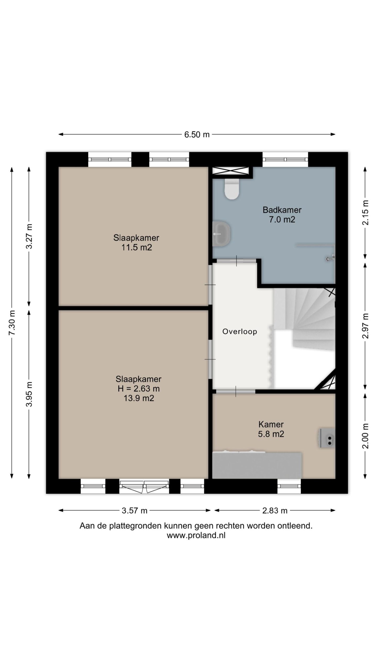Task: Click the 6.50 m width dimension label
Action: (197, 134)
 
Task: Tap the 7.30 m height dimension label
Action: (12, 322)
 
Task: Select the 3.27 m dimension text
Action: (29, 236)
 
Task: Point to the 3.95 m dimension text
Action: (29, 394)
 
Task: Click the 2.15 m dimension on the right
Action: (365, 213)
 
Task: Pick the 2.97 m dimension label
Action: (365, 326)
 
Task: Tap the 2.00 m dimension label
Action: (365, 436)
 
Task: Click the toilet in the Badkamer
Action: (232, 189)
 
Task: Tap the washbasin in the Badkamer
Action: (221, 234)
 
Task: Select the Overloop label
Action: (240, 332)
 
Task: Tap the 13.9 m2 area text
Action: (139, 398)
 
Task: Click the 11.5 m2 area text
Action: (136, 247)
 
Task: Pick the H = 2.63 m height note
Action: (138, 389)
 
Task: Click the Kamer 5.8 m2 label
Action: (271, 429)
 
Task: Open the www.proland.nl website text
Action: (196, 535)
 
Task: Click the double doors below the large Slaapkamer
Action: (144, 487)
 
